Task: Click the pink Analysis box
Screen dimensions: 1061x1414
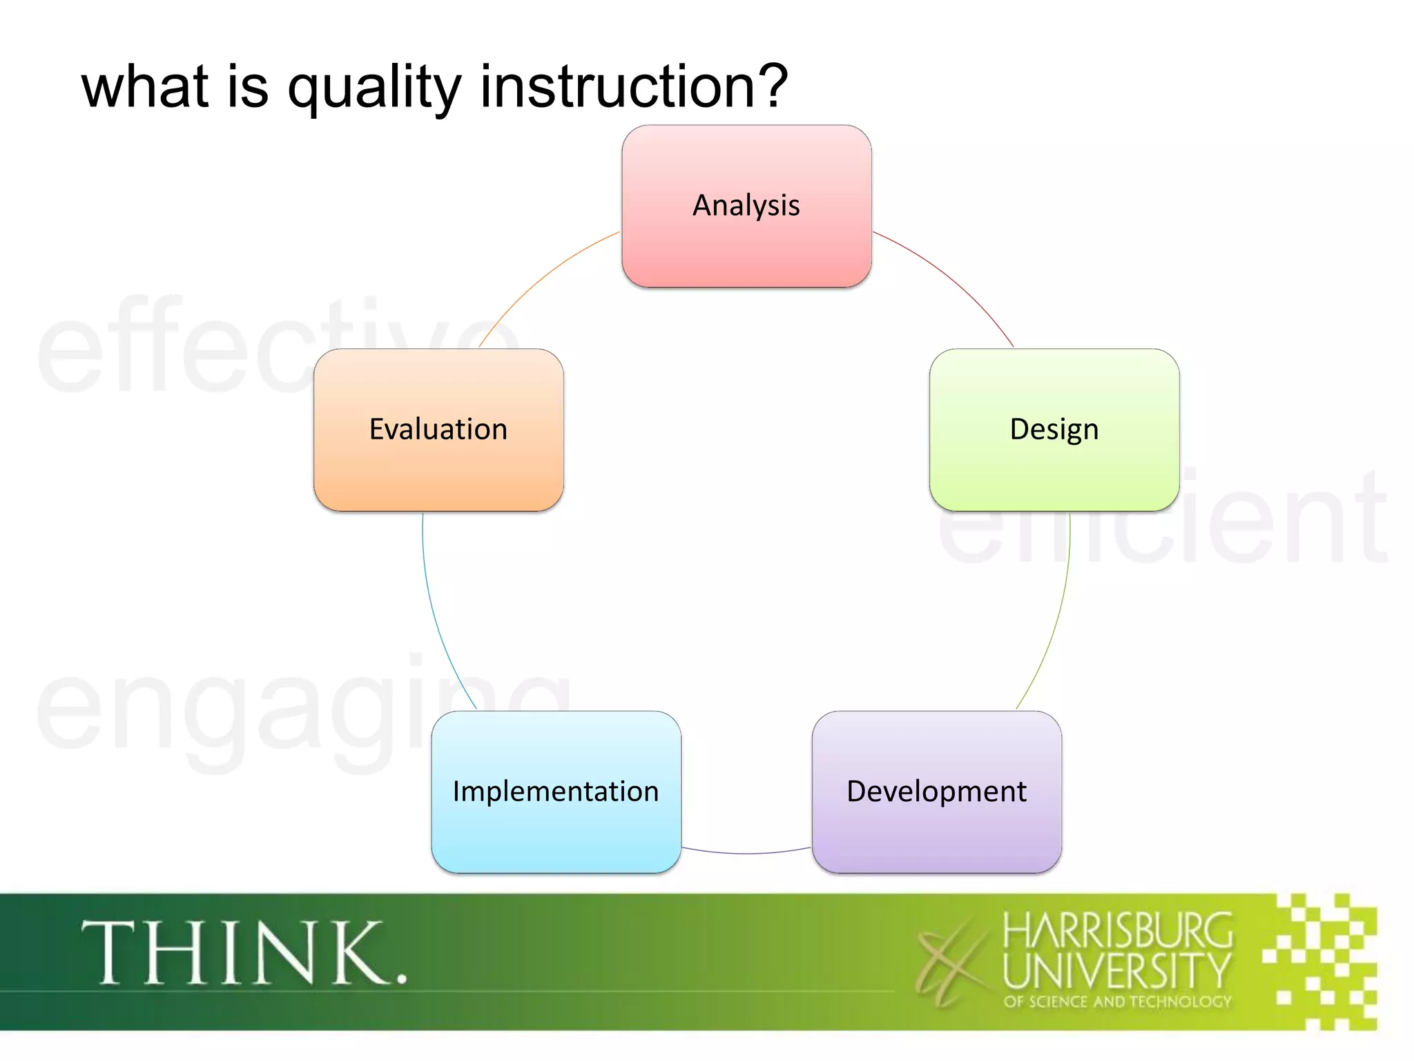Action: tap(746, 206)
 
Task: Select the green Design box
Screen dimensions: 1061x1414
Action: tap(1054, 430)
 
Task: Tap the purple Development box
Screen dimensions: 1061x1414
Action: tap(936, 792)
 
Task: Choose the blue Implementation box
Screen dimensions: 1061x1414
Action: tap(556, 792)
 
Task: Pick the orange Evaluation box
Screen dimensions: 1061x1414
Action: tap(438, 430)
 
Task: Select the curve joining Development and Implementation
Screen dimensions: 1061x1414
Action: tap(746, 854)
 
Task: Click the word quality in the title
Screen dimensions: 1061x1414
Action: tap(374, 88)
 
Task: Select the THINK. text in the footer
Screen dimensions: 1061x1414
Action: tap(244, 953)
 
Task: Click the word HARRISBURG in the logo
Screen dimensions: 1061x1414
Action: tap(1117, 930)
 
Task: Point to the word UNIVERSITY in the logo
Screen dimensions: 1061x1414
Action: tap(1117, 971)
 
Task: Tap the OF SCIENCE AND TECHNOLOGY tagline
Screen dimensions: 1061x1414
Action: tap(1117, 1002)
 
